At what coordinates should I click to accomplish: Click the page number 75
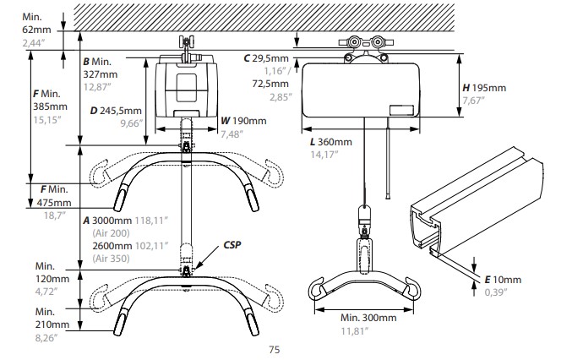tap(275, 349)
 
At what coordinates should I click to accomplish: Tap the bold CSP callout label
tap(232, 245)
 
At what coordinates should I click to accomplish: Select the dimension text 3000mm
tap(112, 221)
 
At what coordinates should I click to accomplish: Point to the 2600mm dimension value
tap(112, 245)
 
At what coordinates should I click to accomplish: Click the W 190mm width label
tap(243, 121)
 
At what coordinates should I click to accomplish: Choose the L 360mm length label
tap(331, 141)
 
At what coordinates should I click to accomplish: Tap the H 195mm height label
tap(484, 88)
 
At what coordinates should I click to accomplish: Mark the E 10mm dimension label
tap(503, 280)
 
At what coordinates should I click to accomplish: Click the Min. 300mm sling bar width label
tap(368, 318)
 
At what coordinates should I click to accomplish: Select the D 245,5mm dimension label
tap(116, 110)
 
